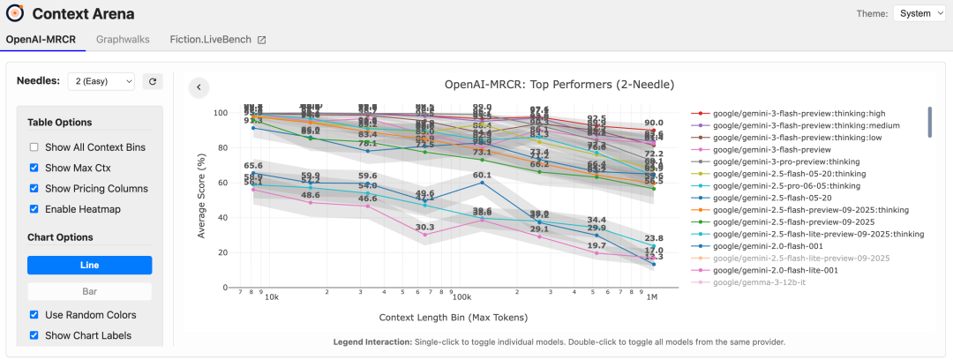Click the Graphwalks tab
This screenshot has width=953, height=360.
(123, 40)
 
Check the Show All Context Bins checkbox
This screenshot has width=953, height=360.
(34, 147)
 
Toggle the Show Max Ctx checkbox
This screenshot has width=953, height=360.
(34, 168)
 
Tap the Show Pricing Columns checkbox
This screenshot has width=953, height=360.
(34, 189)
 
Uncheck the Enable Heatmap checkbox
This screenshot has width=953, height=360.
(34, 209)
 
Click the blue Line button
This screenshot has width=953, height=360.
(89, 265)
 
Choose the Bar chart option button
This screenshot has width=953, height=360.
(89, 290)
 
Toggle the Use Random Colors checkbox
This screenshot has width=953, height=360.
(34, 315)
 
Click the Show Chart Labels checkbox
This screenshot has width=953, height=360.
(34, 335)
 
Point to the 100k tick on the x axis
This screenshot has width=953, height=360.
(460, 297)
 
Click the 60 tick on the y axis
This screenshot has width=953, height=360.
(221, 183)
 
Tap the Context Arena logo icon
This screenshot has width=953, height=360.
(15, 13)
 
